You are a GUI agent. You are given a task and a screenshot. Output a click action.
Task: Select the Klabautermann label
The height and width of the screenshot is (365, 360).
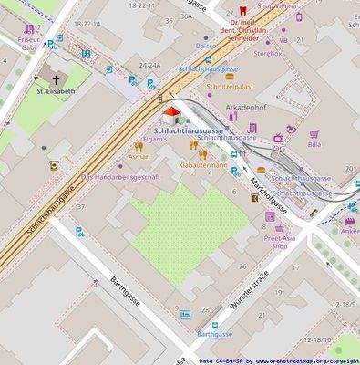[x=202, y=165]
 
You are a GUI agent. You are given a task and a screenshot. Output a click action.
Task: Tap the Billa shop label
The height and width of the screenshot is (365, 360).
[x=314, y=144]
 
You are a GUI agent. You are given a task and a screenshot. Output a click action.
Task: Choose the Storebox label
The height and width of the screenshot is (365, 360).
[x=267, y=53]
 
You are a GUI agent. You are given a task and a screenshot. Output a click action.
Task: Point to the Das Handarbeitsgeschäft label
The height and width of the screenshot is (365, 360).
[x=121, y=176]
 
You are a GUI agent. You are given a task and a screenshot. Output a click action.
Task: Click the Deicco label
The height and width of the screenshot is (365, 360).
[x=206, y=45]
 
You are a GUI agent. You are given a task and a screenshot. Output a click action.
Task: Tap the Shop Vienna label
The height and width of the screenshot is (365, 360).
[x=277, y=5]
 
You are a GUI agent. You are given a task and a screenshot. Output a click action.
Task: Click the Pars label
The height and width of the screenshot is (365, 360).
[x=279, y=148]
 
